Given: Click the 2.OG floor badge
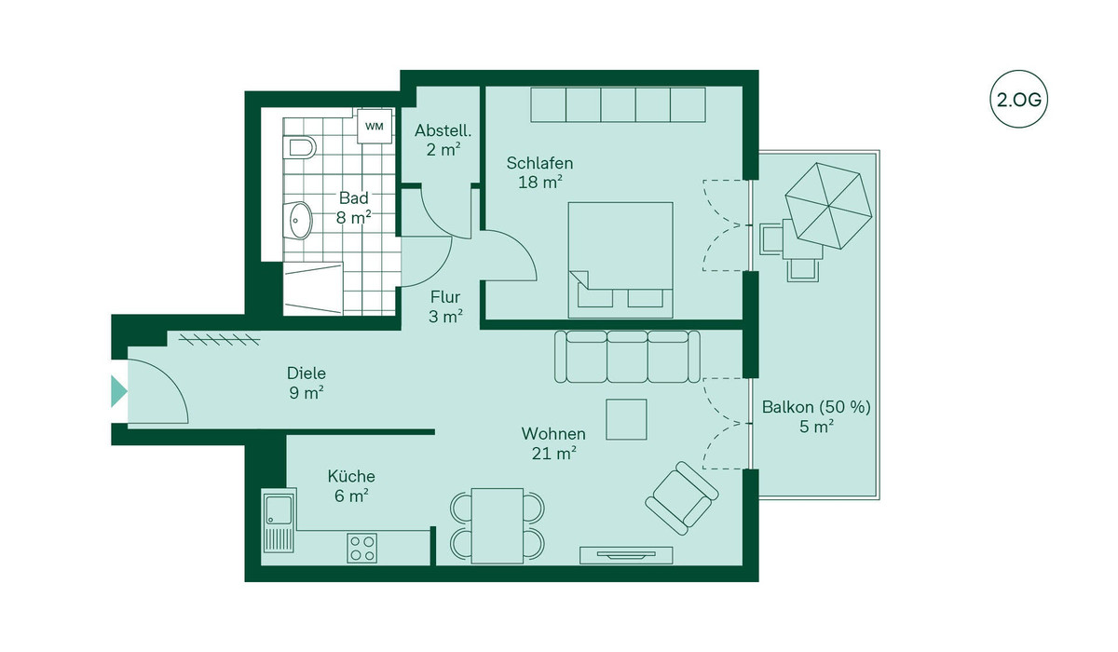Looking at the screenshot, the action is coord(1018,100).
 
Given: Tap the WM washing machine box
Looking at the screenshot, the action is coord(375,127).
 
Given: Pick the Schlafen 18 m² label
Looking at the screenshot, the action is coord(539,172).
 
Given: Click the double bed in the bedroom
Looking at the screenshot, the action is coord(620,260).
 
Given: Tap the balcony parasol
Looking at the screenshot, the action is coord(828,206).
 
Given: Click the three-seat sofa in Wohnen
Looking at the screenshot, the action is coord(627,357).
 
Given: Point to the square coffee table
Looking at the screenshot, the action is coord(626,419).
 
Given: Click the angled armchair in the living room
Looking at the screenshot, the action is coord(682,498).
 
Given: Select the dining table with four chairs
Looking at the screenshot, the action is coord(498,525).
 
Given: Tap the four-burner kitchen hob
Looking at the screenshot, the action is coord(362,548).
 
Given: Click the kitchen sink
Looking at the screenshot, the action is coord(279,521).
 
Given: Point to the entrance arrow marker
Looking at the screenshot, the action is coord(119,391).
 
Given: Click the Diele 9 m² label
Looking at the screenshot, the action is coord(307,383).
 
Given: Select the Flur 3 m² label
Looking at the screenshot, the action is coord(445,306).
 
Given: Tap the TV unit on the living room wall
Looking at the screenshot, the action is coord(626,555).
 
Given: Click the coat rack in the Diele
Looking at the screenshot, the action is coord(220,340).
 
